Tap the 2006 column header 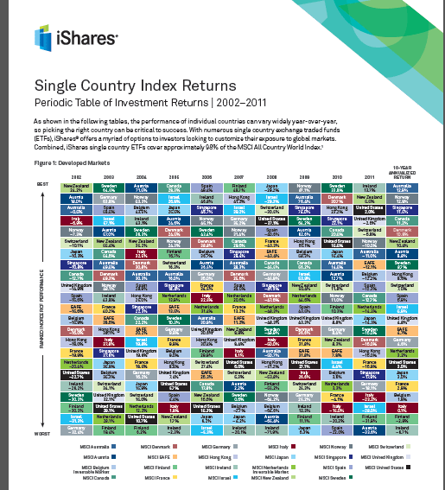click(207, 177)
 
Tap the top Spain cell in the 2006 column click(207, 188)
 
